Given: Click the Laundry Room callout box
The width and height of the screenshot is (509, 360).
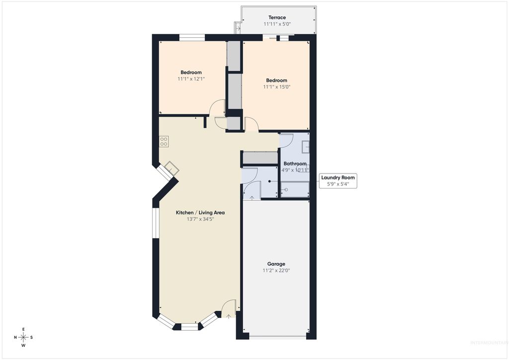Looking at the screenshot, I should (x=338, y=180).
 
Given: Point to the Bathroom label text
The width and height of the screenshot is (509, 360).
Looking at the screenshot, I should (x=295, y=164).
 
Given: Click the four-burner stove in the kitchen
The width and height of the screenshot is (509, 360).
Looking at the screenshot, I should (x=164, y=141).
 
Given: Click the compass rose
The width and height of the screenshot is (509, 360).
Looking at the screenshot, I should (x=23, y=337).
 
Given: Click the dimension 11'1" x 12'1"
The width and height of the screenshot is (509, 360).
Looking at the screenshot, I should (x=191, y=79).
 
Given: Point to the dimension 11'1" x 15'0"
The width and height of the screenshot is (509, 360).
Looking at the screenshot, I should (x=276, y=87).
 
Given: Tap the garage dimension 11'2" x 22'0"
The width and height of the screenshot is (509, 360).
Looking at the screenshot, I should (x=276, y=270).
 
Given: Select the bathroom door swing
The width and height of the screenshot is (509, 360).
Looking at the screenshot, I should (x=287, y=140).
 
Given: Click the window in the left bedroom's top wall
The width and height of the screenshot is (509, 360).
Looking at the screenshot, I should (x=192, y=37).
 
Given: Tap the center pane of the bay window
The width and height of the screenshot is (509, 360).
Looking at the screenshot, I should (x=189, y=327).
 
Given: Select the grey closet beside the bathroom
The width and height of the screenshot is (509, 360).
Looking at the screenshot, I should (x=259, y=158).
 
